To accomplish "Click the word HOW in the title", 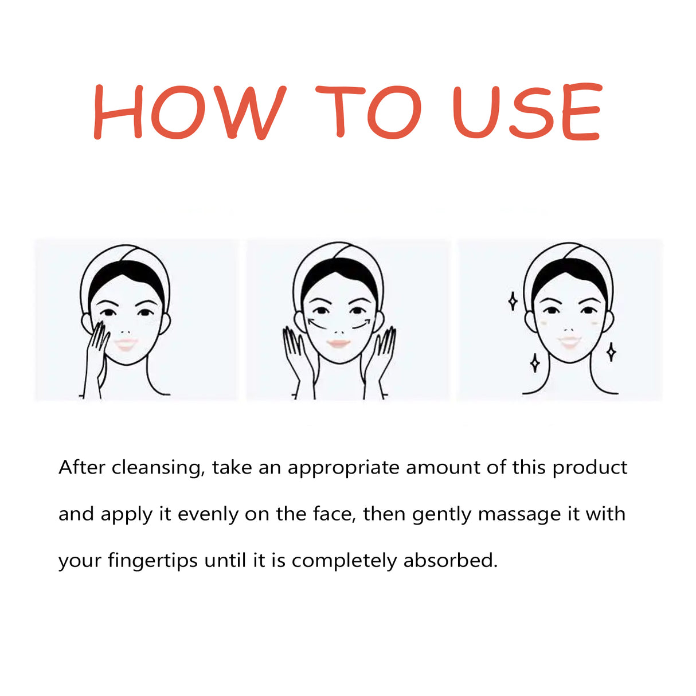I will (189, 112).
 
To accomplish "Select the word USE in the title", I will (527, 111).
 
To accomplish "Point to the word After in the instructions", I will (82, 467).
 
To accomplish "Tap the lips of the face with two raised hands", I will (339, 343).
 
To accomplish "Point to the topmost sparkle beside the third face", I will (513, 302).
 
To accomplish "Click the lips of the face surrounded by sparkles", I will (569, 342).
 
